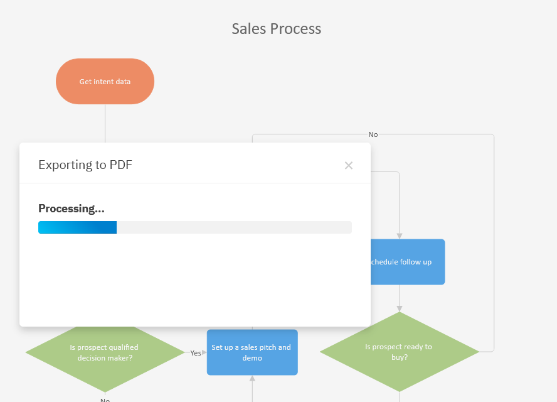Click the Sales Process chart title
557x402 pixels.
pos(276,29)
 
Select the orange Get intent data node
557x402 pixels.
pos(105,82)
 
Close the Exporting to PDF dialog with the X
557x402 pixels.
pos(349,165)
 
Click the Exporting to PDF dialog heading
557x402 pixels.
pos(85,165)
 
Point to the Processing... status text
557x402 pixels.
pos(71,209)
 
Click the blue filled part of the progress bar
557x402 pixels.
pos(77,227)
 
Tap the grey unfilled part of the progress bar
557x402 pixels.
pos(233,227)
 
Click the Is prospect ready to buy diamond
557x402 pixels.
pos(399,352)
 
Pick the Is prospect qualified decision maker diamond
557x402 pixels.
pos(104,352)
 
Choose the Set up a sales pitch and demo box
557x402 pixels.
pos(252,352)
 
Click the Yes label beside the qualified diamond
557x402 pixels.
pos(196,353)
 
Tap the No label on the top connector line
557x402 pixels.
pos(373,134)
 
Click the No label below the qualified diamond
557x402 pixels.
pos(105,399)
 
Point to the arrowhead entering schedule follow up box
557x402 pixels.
pos(399,236)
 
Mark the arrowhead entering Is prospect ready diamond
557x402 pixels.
pos(399,308)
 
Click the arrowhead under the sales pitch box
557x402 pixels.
pos(252,378)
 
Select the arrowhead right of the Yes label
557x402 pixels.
pos(204,353)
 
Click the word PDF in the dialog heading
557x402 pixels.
pos(121,165)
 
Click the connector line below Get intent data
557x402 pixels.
pos(105,122)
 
